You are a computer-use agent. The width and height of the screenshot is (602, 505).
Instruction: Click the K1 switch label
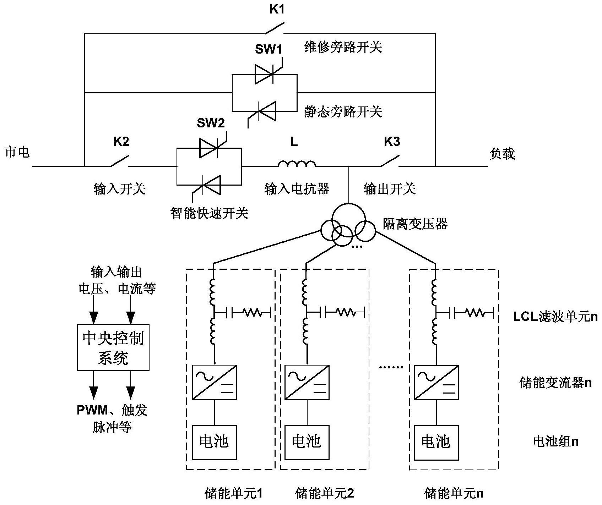pyautogui.click(x=277, y=10)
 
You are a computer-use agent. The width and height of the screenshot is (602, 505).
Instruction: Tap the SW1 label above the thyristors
pyautogui.click(x=268, y=49)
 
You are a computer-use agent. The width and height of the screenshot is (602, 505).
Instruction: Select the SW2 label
pyautogui.click(x=211, y=123)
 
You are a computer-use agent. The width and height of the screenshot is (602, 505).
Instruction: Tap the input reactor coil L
pyautogui.click(x=297, y=164)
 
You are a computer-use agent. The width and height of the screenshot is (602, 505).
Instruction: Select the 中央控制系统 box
pyautogui.click(x=113, y=347)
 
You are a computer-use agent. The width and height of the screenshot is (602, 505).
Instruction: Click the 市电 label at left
pyautogui.click(x=17, y=152)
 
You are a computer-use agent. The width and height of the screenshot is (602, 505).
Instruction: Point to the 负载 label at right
pyautogui.click(x=501, y=154)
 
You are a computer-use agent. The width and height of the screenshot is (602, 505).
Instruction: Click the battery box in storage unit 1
pyautogui.click(x=214, y=442)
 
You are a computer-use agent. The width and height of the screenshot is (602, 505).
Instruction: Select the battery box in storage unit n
pyautogui.click(x=436, y=442)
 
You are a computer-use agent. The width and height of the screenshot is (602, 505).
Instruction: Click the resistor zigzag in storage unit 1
pyautogui.click(x=252, y=313)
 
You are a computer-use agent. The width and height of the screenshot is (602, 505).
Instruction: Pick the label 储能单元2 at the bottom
pyautogui.click(x=324, y=493)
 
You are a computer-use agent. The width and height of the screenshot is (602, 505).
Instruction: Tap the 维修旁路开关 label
pyautogui.click(x=343, y=47)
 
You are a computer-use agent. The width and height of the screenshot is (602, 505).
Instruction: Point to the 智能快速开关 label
pyautogui.click(x=209, y=213)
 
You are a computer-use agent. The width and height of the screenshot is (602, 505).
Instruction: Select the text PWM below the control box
pyautogui.click(x=92, y=410)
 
